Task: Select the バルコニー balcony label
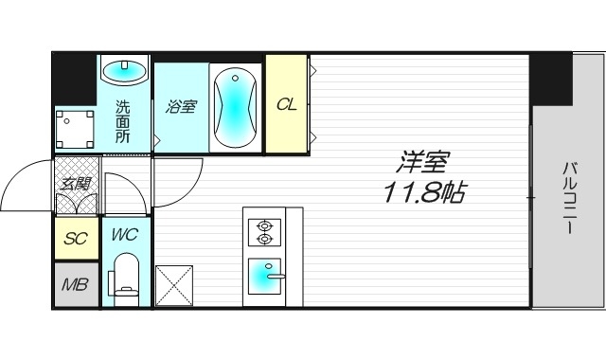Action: coord(570,205)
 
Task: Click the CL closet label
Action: coord(286,104)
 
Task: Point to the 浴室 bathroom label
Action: coord(181,106)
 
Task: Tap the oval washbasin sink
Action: coord(124,70)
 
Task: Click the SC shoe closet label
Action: coord(75,238)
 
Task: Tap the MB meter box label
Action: coord(75,284)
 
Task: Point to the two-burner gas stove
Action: coord(264,232)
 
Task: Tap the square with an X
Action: coord(174,282)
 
